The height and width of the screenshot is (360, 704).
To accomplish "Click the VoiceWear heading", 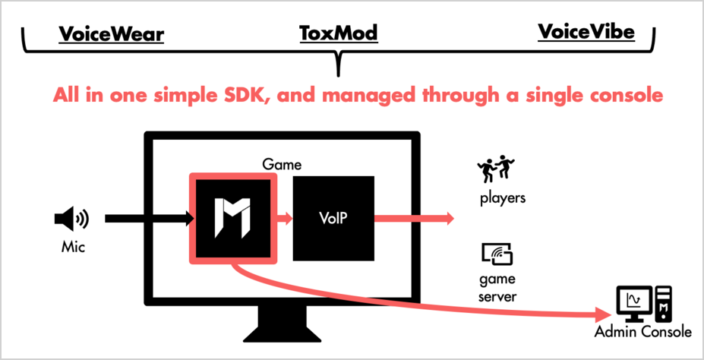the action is (x=112, y=35).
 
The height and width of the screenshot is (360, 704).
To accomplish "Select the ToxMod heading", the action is (x=339, y=33).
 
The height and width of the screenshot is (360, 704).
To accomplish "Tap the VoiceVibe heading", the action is (x=586, y=32).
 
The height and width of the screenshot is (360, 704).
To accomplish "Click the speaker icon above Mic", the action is (x=71, y=219).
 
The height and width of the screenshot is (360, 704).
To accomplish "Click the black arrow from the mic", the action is (x=149, y=219).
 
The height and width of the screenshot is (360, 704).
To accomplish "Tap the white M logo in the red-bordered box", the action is (x=232, y=218).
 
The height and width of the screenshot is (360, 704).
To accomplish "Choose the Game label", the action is (x=282, y=164).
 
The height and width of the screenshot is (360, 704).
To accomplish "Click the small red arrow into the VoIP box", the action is (x=284, y=219).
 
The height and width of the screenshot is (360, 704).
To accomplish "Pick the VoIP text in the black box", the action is (x=333, y=219).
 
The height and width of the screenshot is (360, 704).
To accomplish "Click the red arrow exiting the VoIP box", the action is (x=414, y=219).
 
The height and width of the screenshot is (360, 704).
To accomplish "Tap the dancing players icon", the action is (x=495, y=169).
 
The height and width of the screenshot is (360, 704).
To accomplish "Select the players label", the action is (x=503, y=197).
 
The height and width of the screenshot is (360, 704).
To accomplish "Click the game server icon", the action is (x=497, y=254).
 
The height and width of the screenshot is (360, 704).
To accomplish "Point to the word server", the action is (x=497, y=297).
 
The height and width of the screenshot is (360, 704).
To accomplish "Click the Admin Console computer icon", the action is (x=645, y=304).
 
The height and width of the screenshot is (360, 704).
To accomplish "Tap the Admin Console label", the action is (x=643, y=333).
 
